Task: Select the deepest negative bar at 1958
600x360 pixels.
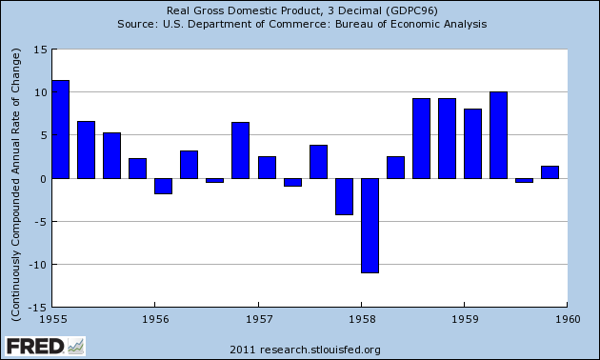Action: coord(370,225)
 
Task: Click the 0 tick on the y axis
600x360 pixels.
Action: coord(41,179)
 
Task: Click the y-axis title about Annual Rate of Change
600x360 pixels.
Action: coord(14,179)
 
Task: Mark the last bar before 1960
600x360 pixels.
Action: coord(550,172)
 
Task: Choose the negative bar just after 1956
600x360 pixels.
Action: coord(163,186)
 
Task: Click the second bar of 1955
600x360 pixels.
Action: coord(86,150)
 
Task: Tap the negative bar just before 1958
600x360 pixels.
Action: coord(344,196)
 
